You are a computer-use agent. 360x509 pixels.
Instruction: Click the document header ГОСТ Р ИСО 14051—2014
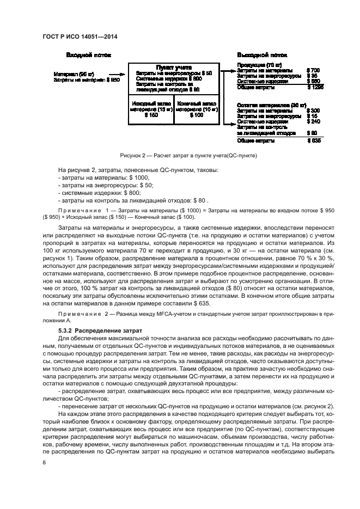pos(81,37)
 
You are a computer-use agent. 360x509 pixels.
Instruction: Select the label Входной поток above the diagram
pos(89,56)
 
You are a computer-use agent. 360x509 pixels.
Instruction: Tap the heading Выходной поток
pos(262,56)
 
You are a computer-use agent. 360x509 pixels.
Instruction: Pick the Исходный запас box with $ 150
pos(150,109)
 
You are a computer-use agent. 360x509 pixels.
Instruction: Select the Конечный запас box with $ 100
pos(196,109)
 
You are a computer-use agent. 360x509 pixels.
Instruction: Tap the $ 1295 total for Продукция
pos(315,87)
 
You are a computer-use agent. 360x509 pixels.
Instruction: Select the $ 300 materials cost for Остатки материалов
pos(313,111)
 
